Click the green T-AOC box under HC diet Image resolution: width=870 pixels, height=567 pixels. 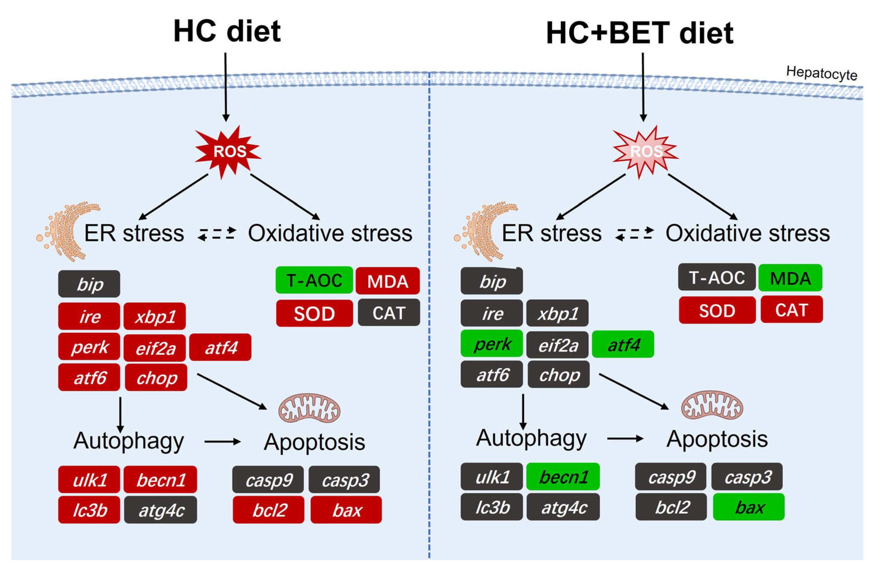314,280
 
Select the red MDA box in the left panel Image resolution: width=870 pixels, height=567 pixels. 387,281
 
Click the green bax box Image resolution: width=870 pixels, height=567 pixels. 748,507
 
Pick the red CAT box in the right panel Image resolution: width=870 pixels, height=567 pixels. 791,310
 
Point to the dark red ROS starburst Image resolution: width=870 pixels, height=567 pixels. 228,151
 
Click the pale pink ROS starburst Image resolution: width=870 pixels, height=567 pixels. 645,151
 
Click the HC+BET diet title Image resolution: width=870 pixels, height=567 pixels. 639,33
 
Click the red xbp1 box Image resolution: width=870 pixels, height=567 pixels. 155,316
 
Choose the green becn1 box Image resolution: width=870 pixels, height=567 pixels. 563,476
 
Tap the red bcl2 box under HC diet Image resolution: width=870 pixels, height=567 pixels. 269,510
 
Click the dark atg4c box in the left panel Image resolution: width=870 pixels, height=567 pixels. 160,510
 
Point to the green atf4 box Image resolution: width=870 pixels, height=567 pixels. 623,344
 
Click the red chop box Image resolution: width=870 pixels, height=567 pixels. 156,377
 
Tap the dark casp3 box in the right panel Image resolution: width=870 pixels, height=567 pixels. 747,476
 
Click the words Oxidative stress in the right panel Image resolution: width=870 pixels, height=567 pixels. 748,233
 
